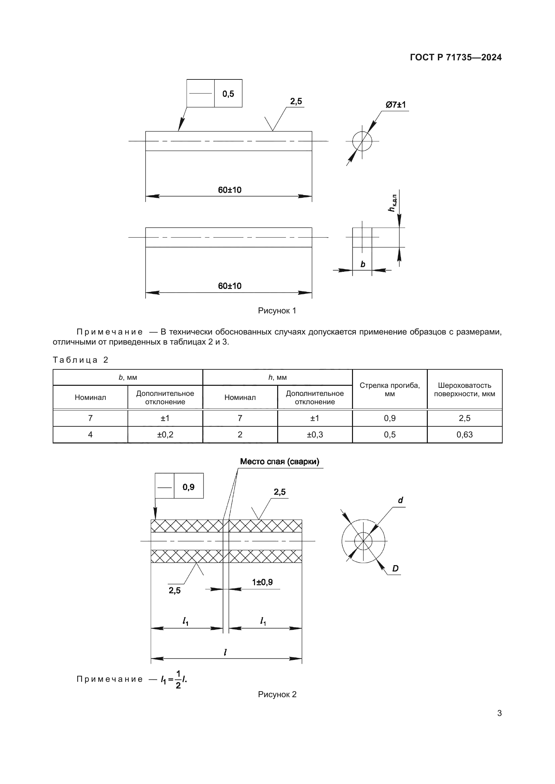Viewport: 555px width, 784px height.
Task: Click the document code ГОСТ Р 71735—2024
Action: click(456, 57)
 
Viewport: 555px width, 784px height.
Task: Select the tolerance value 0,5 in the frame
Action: click(228, 94)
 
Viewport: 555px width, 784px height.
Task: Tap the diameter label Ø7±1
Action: click(395, 105)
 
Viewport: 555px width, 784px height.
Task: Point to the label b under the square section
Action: click(363, 264)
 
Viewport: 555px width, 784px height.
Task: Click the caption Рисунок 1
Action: click(277, 311)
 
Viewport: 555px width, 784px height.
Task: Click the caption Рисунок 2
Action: click(277, 694)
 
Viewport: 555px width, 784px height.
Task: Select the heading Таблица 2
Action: click(81, 360)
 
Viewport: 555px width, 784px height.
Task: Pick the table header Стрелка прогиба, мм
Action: click(390, 389)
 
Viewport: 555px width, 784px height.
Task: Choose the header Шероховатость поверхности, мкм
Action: click(464, 389)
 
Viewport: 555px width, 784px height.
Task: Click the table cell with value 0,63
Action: click(464, 435)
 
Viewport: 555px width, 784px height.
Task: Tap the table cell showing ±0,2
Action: click(165, 435)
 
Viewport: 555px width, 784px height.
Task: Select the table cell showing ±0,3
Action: click(315, 435)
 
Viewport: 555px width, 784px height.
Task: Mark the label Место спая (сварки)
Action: click(280, 462)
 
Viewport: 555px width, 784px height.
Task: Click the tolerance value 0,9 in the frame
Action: click(189, 487)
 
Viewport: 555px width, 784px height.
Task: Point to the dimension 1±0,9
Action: click(262, 582)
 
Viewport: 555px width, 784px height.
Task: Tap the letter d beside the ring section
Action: click(401, 500)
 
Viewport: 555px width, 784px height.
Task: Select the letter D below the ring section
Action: click(395, 568)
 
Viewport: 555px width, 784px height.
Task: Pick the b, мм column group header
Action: click(128, 377)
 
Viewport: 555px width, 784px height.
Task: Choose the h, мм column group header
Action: click(277, 377)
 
